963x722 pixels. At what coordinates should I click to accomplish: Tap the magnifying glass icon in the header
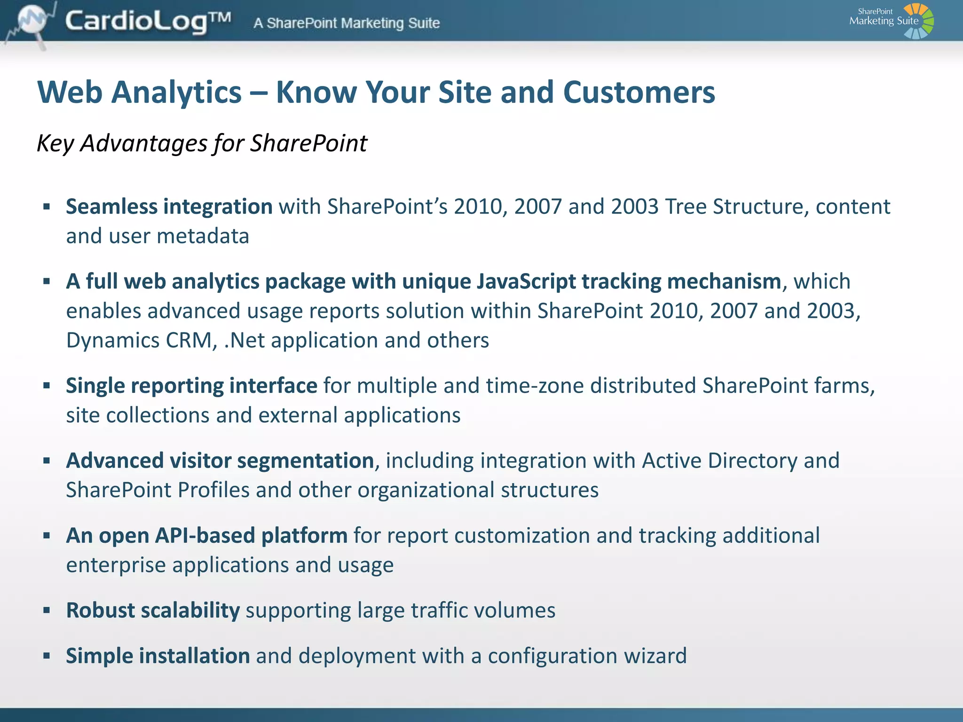[33, 21]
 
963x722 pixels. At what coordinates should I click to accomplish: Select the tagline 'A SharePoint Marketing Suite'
[347, 23]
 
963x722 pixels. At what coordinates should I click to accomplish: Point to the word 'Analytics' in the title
[176, 92]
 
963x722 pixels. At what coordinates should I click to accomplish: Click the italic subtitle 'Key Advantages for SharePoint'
[202, 143]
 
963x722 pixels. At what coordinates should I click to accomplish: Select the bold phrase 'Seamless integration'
[169, 207]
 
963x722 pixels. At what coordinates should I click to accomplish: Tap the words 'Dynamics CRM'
[141, 340]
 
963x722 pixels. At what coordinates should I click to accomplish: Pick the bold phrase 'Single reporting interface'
[191, 386]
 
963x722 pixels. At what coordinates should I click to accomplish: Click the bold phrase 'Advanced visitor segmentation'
[220, 461]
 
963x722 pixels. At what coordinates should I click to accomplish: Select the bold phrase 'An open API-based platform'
[206, 535]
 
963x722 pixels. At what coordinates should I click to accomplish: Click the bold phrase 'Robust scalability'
[153, 610]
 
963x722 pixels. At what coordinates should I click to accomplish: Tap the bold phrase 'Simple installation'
[158, 656]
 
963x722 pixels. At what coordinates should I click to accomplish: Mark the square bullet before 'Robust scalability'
[47, 611]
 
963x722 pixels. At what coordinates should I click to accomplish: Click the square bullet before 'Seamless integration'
[47, 207]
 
